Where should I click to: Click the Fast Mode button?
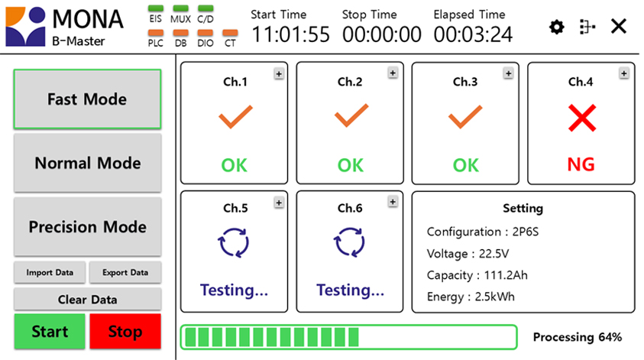pyautogui.click(x=87, y=99)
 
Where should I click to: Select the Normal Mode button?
pyautogui.click(x=87, y=163)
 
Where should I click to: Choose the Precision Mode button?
pyautogui.click(x=87, y=227)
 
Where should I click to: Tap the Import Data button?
pyautogui.click(x=50, y=272)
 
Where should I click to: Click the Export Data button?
pyautogui.click(x=125, y=272)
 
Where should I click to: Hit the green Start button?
pyautogui.click(x=50, y=332)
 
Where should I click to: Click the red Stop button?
pyautogui.click(x=125, y=332)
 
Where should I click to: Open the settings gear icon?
pyautogui.click(x=556, y=27)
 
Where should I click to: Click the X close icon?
pyautogui.click(x=619, y=26)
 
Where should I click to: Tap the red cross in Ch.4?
pyautogui.click(x=582, y=118)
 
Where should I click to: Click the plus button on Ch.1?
pyautogui.click(x=279, y=74)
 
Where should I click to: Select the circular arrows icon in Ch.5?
pyautogui.click(x=233, y=242)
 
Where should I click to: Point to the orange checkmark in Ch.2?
pyautogui.click(x=351, y=116)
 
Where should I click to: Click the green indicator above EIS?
pyautogui.click(x=156, y=8)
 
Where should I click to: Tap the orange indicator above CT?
pyautogui.click(x=230, y=32)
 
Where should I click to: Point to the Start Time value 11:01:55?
pyautogui.click(x=290, y=34)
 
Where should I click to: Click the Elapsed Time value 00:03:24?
pyautogui.click(x=473, y=34)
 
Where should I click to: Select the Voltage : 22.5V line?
pyautogui.click(x=468, y=254)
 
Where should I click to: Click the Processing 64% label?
pyautogui.click(x=578, y=337)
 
